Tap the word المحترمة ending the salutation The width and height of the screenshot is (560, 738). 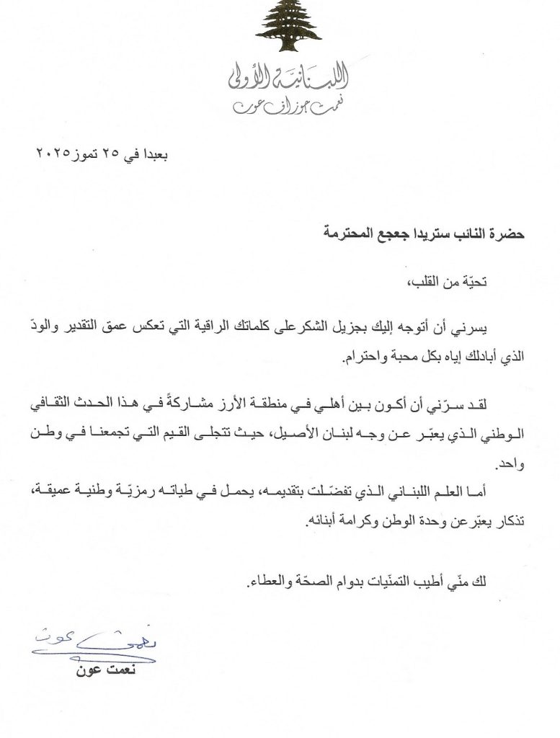(x=322, y=234)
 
